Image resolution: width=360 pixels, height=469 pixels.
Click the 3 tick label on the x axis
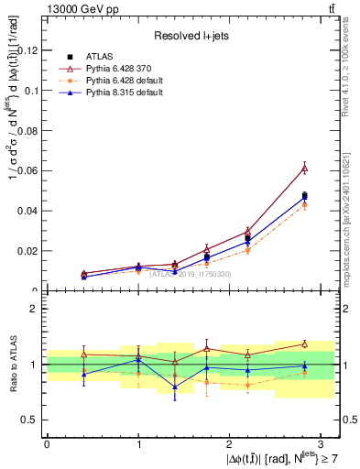322,443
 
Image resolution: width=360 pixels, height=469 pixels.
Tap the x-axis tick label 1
138,443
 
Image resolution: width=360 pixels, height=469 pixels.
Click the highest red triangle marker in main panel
304,168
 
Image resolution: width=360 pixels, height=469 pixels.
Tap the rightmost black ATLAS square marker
304,196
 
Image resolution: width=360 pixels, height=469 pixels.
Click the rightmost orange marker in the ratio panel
304,374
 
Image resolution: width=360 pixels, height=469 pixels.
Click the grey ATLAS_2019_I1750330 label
191,274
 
